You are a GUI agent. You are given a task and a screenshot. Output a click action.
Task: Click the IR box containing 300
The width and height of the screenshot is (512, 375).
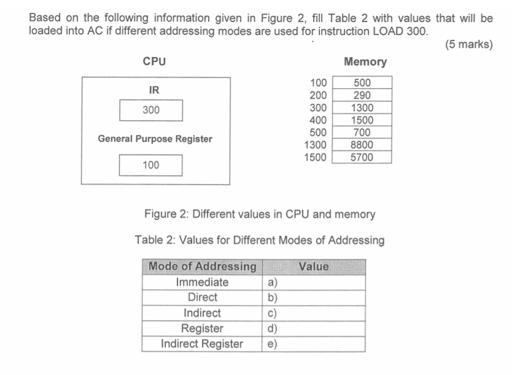pyautogui.click(x=150, y=110)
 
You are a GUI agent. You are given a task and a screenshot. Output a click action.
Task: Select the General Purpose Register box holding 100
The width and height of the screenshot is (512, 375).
pyautogui.click(x=150, y=165)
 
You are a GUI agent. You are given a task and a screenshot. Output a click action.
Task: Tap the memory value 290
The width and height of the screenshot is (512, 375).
pyautogui.click(x=362, y=95)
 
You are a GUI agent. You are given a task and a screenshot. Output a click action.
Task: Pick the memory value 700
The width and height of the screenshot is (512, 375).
pyautogui.click(x=362, y=132)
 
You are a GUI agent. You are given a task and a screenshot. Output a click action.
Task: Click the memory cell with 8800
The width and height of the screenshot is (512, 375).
pyautogui.click(x=362, y=145)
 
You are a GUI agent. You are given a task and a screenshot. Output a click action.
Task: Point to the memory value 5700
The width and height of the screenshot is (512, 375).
pyautogui.click(x=362, y=157)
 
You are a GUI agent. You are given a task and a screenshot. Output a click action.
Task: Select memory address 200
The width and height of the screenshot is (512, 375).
pyautogui.click(x=319, y=95)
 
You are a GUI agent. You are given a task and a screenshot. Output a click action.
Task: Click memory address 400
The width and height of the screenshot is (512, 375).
pyautogui.click(x=319, y=120)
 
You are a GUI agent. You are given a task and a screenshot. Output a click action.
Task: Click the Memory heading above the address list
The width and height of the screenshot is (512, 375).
pyautogui.click(x=365, y=61)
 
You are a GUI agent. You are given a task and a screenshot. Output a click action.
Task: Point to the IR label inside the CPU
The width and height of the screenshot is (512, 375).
pyautogui.click(x=154, y=90)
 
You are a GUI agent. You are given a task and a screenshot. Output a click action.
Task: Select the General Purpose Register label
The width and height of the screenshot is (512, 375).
pyautogui.click(x=155, y=139)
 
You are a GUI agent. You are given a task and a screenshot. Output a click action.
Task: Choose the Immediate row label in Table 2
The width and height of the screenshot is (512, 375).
pyautogui.click(x=202, y=282)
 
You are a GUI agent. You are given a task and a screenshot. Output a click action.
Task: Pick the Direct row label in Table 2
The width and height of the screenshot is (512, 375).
pyautogui.click(x=202, y=297)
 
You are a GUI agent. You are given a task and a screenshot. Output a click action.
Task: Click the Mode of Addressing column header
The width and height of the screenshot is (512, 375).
pyautogui.click(x=202, y=267)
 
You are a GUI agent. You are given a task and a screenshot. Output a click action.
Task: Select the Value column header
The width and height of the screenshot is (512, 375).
pyautogui.click(x=314, y=267)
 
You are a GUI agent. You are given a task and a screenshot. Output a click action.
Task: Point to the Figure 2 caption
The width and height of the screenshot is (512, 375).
pyautogui.click(x=259, y=214)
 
